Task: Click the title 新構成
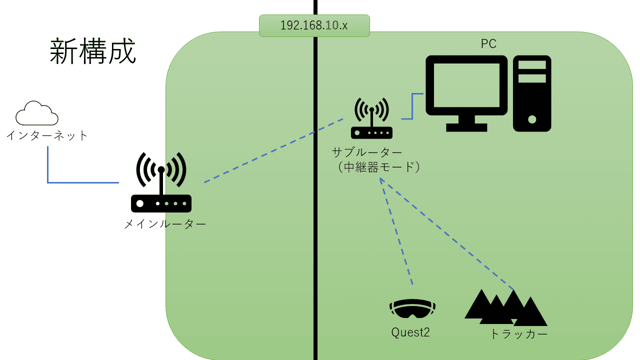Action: tap(93, 52)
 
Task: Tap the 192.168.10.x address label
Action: tap(314, 25)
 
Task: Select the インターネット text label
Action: tap(47, 135)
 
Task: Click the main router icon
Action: tap(161, 185)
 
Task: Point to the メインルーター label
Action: tap(165, 224)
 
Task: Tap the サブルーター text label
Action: tap(367, 152)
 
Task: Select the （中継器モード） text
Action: tap(378, 167)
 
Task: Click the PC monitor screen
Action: tap(466, 85)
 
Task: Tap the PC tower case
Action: tap(532, 93)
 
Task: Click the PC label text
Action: tap(488, 44)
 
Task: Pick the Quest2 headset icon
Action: tap(412, 308)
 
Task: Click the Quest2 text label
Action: tap(410, 332)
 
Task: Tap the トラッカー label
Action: tap(518, 334)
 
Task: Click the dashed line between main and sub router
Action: tap(274, 150)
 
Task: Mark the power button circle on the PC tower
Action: tap(532, 120)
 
